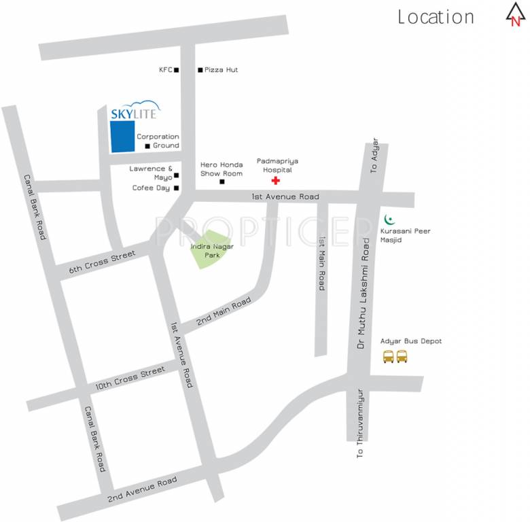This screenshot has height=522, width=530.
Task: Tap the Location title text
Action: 436,17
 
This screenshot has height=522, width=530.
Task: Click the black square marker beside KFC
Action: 176,70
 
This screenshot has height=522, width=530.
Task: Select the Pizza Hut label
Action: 221,70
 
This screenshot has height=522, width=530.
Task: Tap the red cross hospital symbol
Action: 275,181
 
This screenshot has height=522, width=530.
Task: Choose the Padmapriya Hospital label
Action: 277,165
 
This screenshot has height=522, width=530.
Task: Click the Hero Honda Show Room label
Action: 222,169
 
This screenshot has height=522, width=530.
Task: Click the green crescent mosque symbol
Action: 389,220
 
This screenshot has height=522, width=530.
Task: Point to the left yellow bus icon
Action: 389,356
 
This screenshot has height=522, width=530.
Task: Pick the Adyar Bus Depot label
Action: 411,341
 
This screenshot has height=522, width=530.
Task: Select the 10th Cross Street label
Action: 130,378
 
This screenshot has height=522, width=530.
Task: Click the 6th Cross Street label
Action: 103,262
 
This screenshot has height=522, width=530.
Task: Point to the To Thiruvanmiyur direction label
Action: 361,423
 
